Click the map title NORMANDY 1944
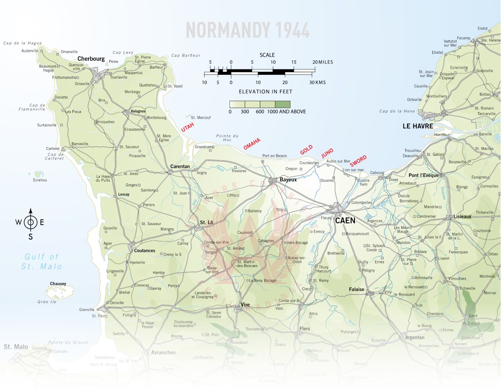click(x=247, y=30)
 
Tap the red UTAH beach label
click(x=187, y=127)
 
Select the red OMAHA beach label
click(x=252, y=144)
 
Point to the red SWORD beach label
click(x=358, y=161)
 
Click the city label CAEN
click(x=345, y=220)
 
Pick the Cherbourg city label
click(x=91, y=59)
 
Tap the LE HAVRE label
click(x=418, y=126)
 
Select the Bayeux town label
click(x=288, y=180)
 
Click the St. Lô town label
click(x=206, y=222)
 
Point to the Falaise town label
click(x=357, y=289)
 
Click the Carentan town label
click(x=180, y=166)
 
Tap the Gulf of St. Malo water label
click(x=41, y=262)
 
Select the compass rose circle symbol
click(x=31, y=222)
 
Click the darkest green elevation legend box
click(x=283, y=104)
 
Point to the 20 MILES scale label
click(x=323, y=62)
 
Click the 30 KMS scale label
click(x=317, y=82)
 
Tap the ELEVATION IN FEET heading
click(x=265, y=92)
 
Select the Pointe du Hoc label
click(x=227, y=138)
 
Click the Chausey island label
click(x=58, y=284)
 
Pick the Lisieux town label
click(x=462, y=216)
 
